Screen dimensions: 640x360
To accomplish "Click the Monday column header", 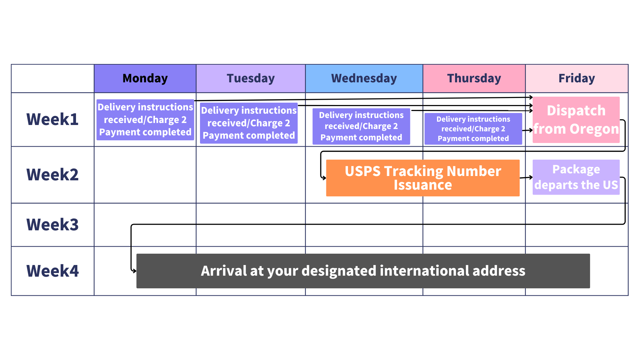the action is click(145, 78).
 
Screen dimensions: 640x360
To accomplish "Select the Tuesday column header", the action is click(251, 78).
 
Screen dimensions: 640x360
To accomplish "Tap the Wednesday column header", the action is click(364, 78).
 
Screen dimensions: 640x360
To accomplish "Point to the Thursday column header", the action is click(474, 78).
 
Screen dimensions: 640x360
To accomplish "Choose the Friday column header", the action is click(577, 78).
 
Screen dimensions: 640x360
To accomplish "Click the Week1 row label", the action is click(53, 119).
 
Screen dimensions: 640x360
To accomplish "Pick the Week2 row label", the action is click(53, 175).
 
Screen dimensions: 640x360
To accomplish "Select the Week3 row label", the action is click(53, 225).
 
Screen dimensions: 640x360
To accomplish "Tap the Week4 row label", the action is click(53, 271).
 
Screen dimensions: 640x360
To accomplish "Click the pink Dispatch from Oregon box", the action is click(576, 120).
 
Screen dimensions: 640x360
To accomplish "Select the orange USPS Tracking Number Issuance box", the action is click(423, 178).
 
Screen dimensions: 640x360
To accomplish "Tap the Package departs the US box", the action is click(576, 177).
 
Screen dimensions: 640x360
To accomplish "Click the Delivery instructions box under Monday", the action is click(145, 120).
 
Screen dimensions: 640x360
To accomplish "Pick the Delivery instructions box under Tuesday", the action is click(249, 123).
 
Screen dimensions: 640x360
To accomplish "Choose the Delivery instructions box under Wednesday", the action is click(361, 126).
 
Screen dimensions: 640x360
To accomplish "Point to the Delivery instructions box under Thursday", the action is click(473, 129).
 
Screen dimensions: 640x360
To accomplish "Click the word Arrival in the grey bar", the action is click(223, 271).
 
